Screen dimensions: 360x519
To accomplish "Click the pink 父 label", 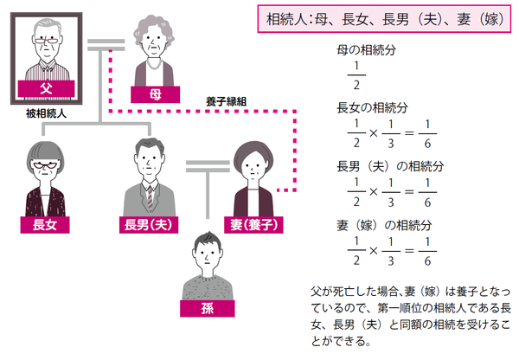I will point(46,87).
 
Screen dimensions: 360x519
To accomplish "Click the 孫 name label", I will point(207,309).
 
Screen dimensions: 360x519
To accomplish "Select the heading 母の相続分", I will point(366,52).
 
